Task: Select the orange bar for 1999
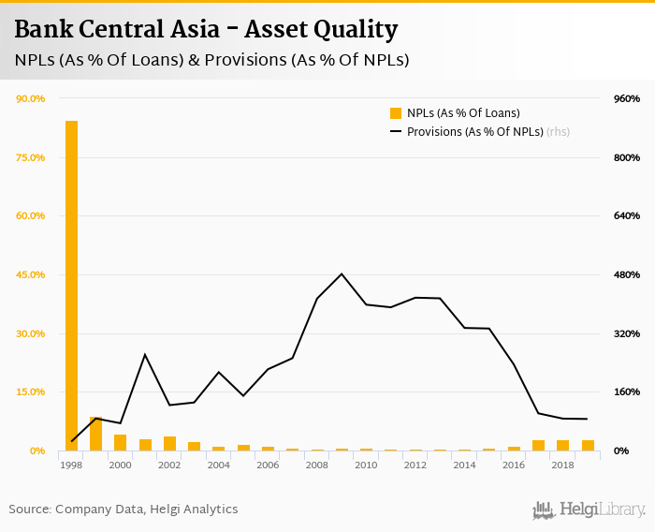(95, 435)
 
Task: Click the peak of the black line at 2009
(342, 274)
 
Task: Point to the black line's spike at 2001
(145, 355)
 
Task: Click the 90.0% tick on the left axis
(31, 98)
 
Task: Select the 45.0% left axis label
(31, 274)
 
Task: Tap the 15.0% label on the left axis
(31, 392)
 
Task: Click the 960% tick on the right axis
(626, 98)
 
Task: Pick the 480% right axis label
(626, 274)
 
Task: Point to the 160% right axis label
(626, 392)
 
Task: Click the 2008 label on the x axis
(316, 465)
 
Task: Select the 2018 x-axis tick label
(562, 465)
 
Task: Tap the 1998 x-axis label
(71, 465)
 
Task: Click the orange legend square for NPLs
(396, 113)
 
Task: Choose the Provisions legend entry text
(474, 132)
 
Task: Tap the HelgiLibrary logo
(589, 510)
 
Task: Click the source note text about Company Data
(124, 510)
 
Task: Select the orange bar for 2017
(538, 446)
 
